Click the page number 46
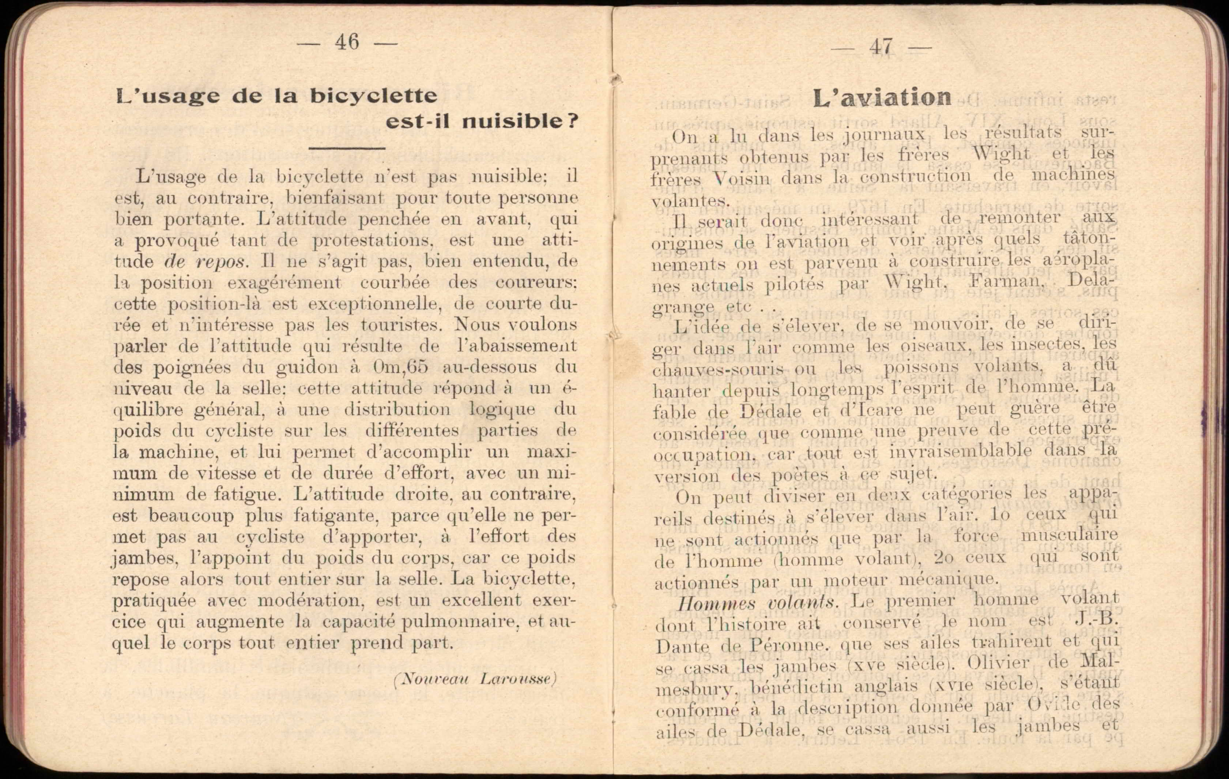coord(347,42)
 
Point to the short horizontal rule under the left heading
coord(347,148)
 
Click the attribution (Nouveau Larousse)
coord(475,679)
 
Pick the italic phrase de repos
coord(206,262)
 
